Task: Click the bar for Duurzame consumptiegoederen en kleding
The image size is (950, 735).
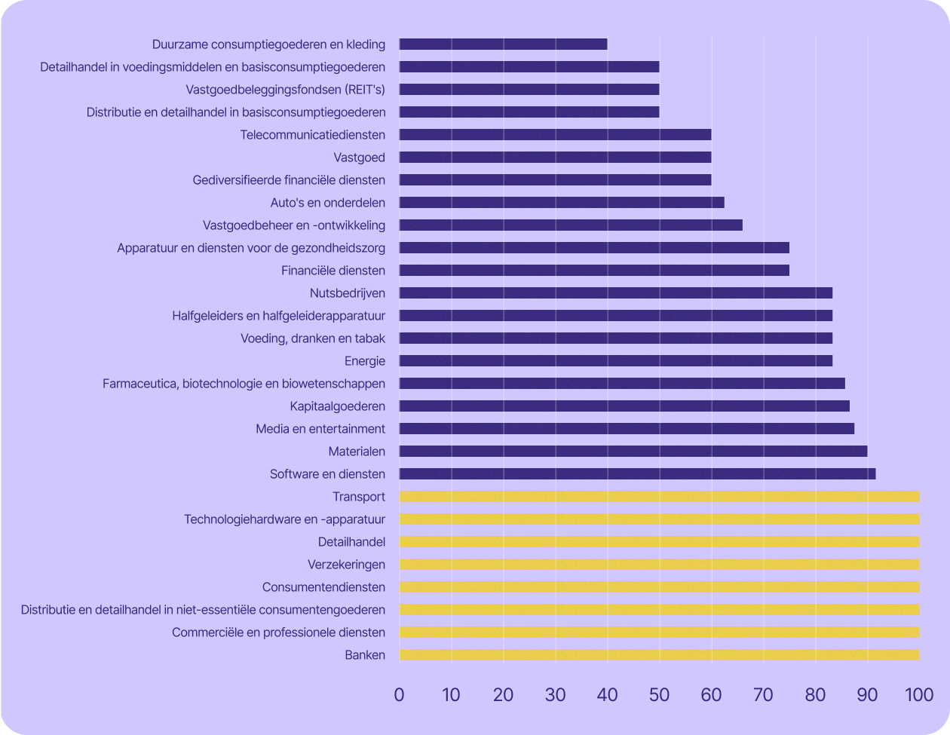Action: point(503,44)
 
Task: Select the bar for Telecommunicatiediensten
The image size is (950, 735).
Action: point(555,135)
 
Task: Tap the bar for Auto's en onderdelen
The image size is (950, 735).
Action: point(562,203)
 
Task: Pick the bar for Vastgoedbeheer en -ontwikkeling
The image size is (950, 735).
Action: point(571,225)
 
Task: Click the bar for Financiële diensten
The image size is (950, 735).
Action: point(594,271)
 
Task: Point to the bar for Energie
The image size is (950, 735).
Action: point(615,361)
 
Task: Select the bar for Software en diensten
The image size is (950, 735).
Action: point(637,474)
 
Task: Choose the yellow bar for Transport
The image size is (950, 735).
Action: point(659,497)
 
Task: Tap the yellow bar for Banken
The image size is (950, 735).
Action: point(659,655)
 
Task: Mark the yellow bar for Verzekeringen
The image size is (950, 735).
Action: point(659,565)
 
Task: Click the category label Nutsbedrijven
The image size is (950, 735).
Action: point(347,293)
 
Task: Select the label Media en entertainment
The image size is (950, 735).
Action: point(320,429)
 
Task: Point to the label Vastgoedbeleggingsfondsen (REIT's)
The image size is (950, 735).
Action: point(285,90)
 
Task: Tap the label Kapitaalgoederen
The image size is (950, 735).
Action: point(337,406)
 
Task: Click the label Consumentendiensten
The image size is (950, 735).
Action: point(323,587)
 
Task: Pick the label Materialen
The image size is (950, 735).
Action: point(357,452)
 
